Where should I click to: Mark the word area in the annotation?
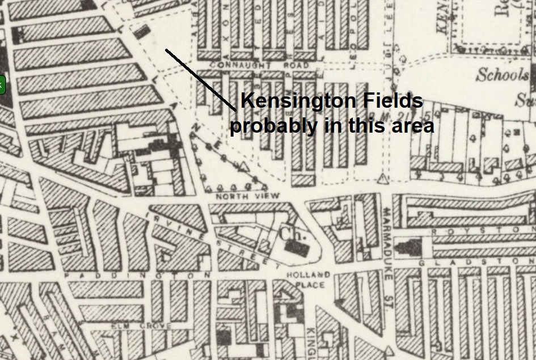click(x=412, y=126)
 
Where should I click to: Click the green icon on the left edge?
click(x=2, y=85)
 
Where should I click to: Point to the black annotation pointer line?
click(x=200, y=80)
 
